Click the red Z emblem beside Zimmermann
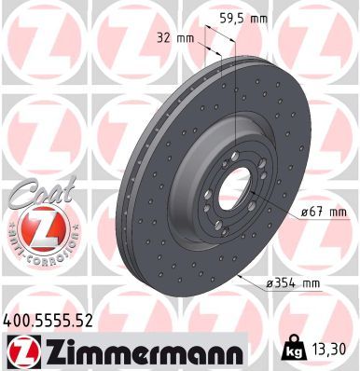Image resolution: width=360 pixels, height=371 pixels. [x=20, y=351]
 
